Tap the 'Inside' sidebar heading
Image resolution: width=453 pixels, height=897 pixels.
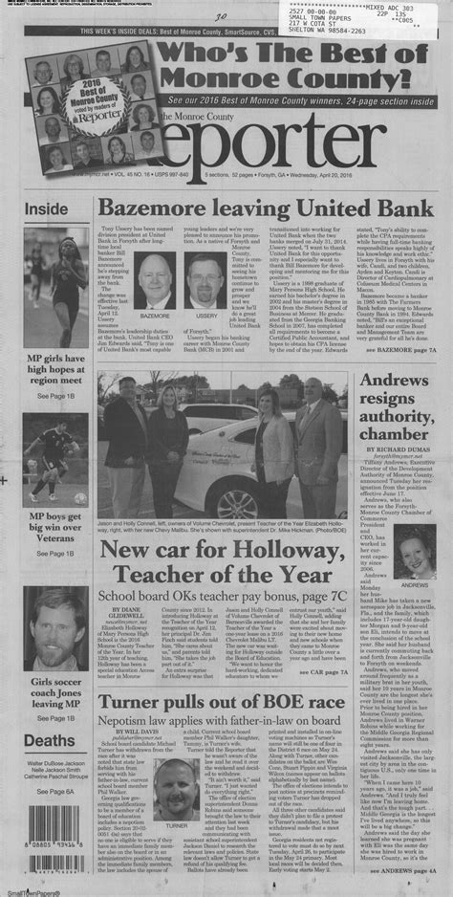tap(46, 208)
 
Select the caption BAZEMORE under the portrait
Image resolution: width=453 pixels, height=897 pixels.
tap(153, 313)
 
